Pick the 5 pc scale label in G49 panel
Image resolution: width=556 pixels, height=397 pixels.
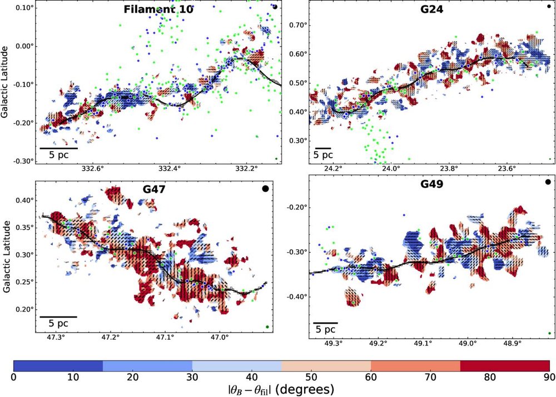pos(325,329)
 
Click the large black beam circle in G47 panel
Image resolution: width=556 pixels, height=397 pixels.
pos(265,189)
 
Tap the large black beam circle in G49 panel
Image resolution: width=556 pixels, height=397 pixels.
pos(548,182)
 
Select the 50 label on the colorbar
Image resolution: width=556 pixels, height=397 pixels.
pos(281,378)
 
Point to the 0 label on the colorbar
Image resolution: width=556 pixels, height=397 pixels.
pos(14,378)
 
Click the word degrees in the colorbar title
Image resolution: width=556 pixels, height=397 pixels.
pos(305,390)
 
